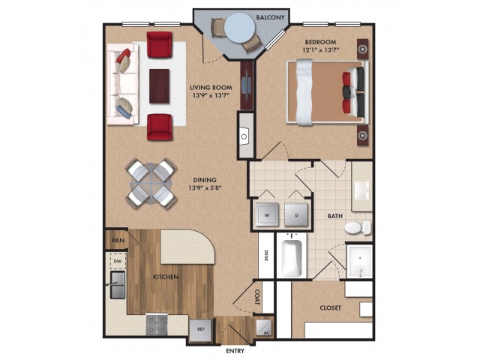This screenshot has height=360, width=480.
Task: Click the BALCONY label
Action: click(x=270, y=17)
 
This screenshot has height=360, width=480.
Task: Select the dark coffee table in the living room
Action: click(x=159, y=86)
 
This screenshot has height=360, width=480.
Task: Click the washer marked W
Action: click(x=267, y=215)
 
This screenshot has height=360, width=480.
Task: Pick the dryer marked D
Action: click(x=296, y=215)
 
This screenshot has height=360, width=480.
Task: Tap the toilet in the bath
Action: click(x=358, y=227)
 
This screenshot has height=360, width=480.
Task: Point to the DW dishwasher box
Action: click(x=118, y=262)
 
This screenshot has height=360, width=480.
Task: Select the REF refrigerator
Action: click(x=200, y=330)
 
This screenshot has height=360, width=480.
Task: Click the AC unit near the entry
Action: click(x=263, y=328)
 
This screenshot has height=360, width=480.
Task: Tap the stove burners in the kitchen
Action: click(x=157, y=324)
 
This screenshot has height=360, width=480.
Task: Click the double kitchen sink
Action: click(x=118, y=285)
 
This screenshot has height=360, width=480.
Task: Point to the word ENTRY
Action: click(x=235, y=351)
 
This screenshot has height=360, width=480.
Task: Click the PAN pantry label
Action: click(x=118, y=240)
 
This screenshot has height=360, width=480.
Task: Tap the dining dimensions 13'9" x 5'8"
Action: click(x=205, y=187)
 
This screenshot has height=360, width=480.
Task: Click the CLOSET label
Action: click(x=330, y=307)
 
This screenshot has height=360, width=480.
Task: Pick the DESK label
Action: click(x=266, y=256)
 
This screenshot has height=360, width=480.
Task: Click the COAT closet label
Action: click(x=257, y=297)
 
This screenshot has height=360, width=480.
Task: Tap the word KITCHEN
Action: click(x=166, y=277)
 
